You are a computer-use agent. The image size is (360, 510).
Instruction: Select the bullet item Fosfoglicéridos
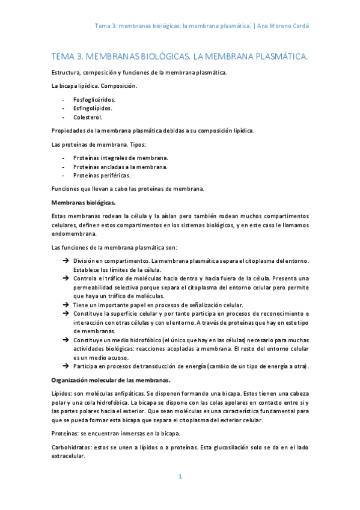point(94,99)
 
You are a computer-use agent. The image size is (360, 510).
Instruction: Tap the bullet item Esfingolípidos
point(93,108)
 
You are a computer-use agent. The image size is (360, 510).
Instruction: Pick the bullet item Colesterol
point(88,117)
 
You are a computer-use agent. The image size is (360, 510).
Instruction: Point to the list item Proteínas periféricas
point(102,176)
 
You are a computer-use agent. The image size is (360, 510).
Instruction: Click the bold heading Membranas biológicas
point(84,202)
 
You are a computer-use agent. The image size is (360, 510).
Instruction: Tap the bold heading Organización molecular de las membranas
point(111,380)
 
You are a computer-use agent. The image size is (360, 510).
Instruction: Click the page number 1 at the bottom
point(180,477)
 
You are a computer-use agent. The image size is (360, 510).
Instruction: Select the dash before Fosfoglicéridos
point(64,99)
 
